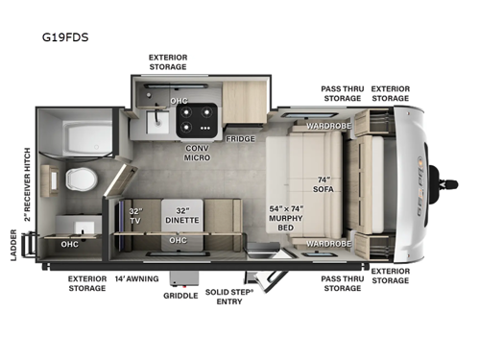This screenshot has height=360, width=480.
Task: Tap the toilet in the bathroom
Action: coord(79,179)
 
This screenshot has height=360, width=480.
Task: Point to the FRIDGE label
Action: coord(240,139)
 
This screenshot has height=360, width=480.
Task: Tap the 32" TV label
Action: coord(135,217)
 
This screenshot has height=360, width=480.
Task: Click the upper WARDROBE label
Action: coord(325,126)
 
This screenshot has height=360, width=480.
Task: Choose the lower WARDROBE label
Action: coord(325,244)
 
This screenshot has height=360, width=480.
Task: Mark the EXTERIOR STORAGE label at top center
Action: coord(167,62)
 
